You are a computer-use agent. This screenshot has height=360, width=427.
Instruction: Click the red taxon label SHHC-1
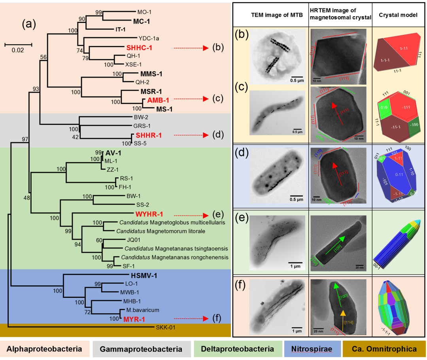[x=140, y=48]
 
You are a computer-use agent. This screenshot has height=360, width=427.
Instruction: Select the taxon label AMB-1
[x=157, y=100]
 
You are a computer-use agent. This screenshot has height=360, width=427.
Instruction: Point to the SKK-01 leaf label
[x=167, y=327]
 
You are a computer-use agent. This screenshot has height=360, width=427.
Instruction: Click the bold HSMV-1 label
[x=144, y=276]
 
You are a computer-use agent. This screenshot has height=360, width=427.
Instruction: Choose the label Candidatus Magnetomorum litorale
[x=160, y=231]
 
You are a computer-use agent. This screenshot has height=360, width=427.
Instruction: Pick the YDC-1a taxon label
[x=148, y=38]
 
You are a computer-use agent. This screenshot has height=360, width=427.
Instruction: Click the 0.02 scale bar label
[x=18, y=51]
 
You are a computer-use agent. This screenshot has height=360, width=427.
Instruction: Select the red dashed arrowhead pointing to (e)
[x=206, y=215]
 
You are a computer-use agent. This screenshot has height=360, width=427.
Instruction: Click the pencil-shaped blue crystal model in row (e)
[x=397, y=242]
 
